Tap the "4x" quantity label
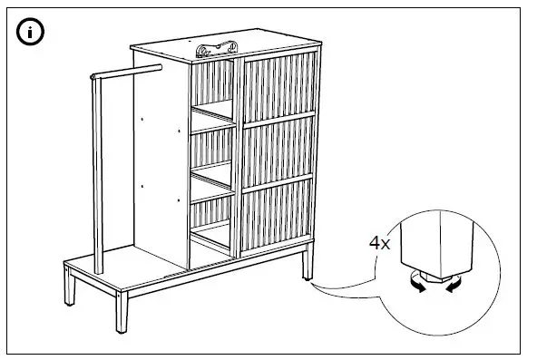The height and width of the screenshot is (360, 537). [379, 244]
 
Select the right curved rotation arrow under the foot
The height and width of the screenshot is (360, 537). [451, 287]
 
